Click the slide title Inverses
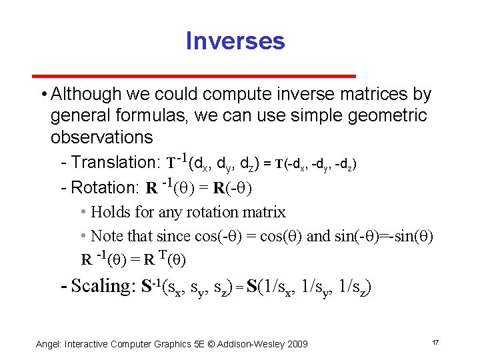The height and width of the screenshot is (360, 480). [235, 41]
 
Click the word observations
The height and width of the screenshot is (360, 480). [101, 137]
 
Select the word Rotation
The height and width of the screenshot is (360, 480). [105, 187]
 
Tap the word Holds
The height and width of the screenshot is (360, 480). [110, 213]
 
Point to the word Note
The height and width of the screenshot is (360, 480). [105, 235]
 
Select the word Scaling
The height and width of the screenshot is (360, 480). [103, 286]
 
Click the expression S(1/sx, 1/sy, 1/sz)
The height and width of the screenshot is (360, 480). [309, 287]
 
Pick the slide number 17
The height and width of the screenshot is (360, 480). [435, 343]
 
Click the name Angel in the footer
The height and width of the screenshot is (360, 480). [48, 343]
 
